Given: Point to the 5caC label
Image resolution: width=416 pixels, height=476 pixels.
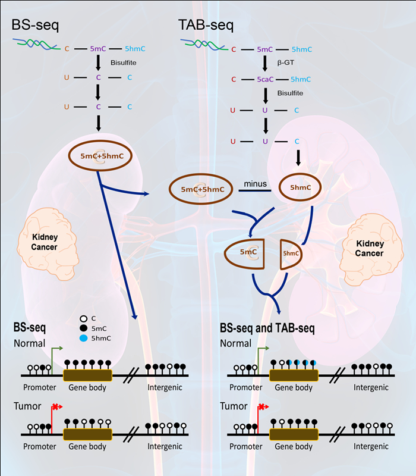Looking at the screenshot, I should click(266, 79).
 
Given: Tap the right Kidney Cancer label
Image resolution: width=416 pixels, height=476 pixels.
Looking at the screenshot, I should click(369, 249).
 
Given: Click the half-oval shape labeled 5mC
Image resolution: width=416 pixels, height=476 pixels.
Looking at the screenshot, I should click(247, 252).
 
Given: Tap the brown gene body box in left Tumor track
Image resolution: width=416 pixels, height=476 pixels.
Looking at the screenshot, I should click(87, 434).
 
